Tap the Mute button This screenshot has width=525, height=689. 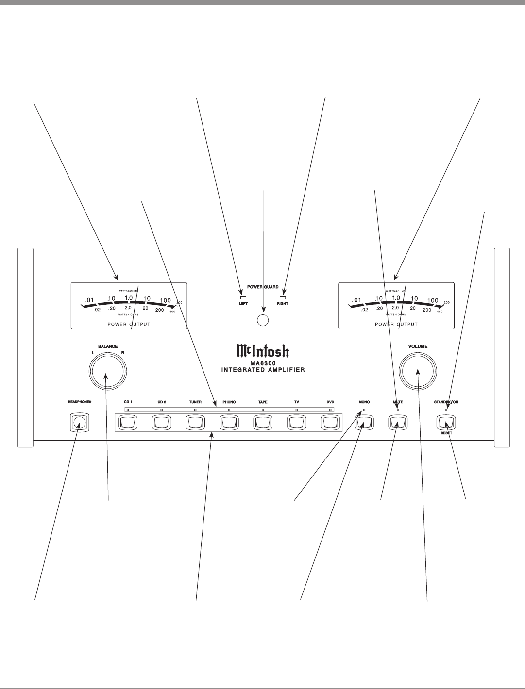click(398, 423)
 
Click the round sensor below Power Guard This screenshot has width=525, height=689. click(263, 320)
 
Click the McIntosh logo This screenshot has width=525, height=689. click(263, 350)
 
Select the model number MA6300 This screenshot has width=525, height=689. click(263, 362)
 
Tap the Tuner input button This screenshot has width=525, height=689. click(195, 423)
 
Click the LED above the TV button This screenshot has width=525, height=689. click(296, 410)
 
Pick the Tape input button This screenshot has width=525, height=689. click(263, 423)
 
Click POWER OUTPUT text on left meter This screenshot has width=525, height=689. click(129, 324)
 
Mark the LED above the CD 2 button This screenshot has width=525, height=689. click(162, 410)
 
